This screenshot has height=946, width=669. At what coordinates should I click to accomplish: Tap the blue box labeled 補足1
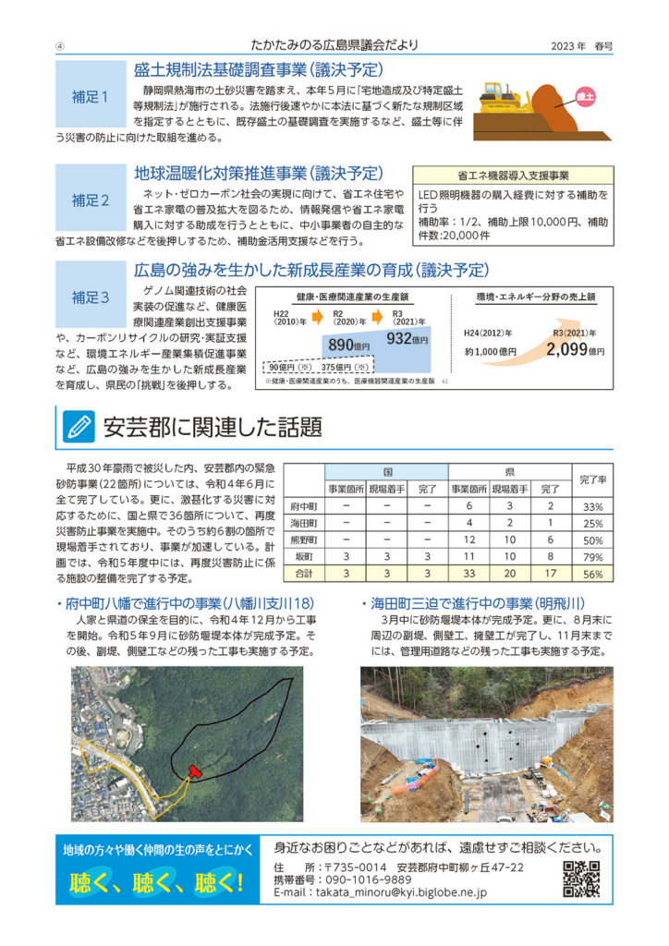click(90, 95)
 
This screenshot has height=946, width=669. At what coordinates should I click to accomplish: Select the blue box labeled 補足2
click(90, 199)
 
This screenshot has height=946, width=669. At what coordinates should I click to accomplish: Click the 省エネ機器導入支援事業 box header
click(513, 175)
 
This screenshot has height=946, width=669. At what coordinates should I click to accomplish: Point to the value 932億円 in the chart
click(407, 339)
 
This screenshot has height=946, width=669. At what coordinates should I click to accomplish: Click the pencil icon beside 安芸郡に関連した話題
click(78, 426)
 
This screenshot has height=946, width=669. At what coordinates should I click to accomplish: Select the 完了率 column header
click(592, 479)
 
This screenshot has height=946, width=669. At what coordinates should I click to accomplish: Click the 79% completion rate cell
click(592, 557)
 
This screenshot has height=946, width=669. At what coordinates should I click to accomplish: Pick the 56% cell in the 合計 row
click(592, 574)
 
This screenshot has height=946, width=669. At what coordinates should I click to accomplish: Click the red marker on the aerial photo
click(193, 770)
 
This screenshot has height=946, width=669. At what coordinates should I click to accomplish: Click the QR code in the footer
click(582, 879)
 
